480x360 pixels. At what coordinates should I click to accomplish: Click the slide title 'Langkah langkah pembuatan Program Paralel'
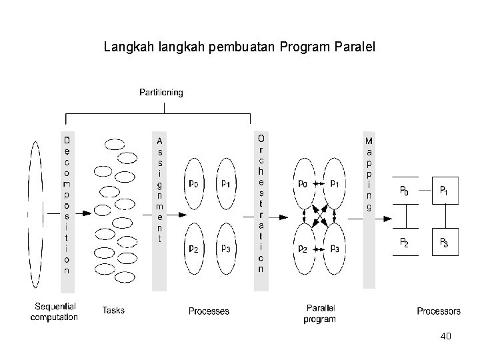click(x=240, y=48)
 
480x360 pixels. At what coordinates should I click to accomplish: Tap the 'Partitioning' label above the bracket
click(x=161, y=93)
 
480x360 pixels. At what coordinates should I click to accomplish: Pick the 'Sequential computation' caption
click(x=54, y=311)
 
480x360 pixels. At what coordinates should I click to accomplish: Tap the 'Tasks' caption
click(x=113, y=310)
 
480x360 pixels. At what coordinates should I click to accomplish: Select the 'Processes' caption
click(x=209, y=311)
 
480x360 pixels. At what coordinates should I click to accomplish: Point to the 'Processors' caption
click(x=439, y=311)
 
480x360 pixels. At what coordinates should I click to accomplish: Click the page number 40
click(x=445, y=336)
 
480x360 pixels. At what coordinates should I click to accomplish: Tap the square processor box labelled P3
click(x=445, y=243)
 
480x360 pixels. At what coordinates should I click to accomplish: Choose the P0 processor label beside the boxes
click(x=404, y=191)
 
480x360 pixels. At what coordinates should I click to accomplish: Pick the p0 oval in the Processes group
click(x=193, y=184)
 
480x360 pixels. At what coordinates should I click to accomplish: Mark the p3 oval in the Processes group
click(x=225, y=248)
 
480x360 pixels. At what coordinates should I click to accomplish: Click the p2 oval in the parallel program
click(x=304, y=248)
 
